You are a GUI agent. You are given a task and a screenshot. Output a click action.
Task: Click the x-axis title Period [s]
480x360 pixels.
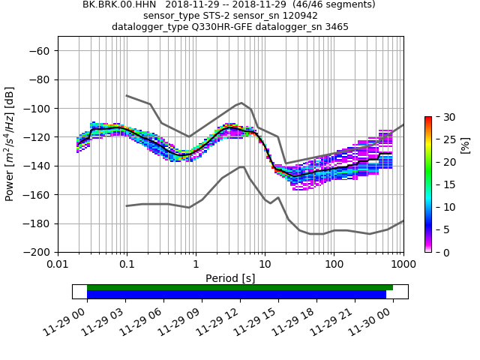tap(230, 278)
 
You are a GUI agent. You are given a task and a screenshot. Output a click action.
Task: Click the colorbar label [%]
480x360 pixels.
tap(464, 145)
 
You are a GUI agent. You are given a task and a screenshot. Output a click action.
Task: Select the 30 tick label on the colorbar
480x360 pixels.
tap(442, 117)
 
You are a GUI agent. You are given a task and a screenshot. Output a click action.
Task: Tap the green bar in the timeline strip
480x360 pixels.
tap(240, 287)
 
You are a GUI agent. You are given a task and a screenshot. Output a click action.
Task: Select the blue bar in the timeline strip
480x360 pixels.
tap(236, 294)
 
